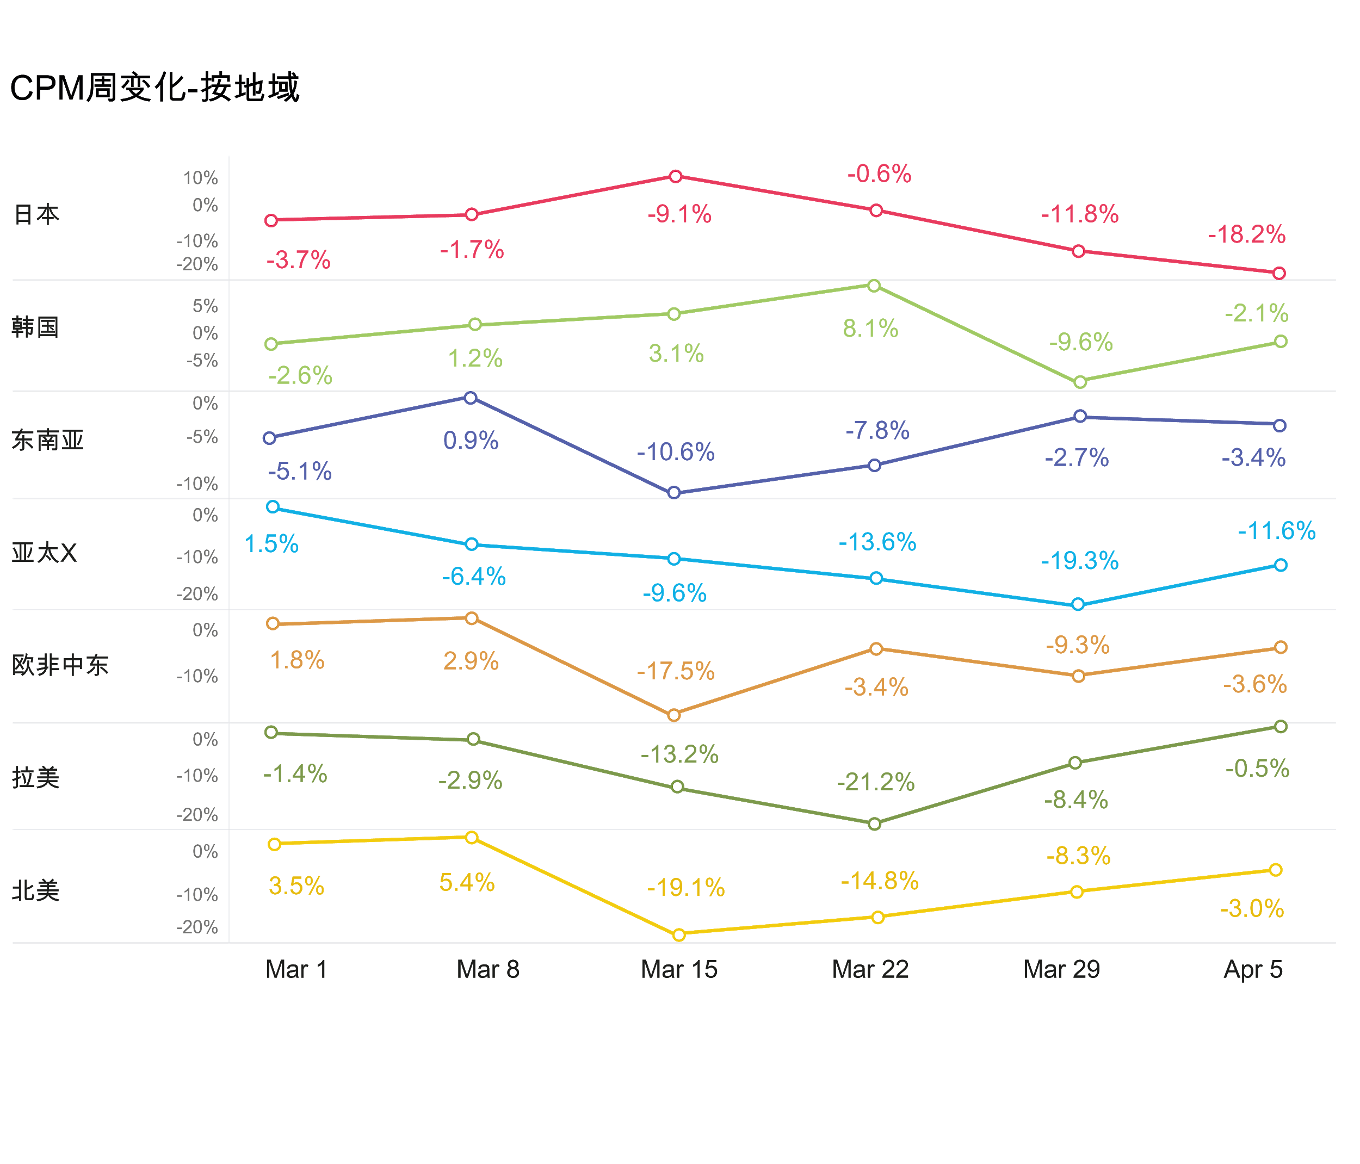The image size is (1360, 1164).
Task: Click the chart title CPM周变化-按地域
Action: [x=155, y=89]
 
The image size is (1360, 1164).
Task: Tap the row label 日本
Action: [x=37, y=214]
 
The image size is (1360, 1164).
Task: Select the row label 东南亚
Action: [x=47, y=440]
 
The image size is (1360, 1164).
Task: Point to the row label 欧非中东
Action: [x=60, y=665]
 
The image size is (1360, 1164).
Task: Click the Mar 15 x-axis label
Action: [x=679, y=970]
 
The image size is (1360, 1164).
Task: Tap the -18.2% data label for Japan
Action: [x=1246, y=235]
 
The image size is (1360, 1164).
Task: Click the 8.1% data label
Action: [x=870, y=329]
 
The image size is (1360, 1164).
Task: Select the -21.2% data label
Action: [x=876, y=782]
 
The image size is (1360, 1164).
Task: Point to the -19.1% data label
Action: [x=686, y=888]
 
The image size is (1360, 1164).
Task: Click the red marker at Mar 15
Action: [x=676, y=176]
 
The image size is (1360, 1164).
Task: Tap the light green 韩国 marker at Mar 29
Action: [x=1080, y=382]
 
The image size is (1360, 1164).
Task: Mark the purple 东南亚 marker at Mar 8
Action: [x=471, y=398]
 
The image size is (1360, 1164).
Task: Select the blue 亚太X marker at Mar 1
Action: [x=273, y=506]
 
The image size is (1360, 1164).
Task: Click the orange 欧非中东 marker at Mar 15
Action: [x=674, y=715]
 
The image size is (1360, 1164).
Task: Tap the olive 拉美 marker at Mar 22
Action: [x=874, y=824]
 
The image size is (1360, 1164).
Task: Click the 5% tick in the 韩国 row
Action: [x=205, y=306]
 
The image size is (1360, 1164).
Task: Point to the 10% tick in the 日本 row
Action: [x=200, y=178]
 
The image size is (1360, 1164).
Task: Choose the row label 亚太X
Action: [x=44, y=554]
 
